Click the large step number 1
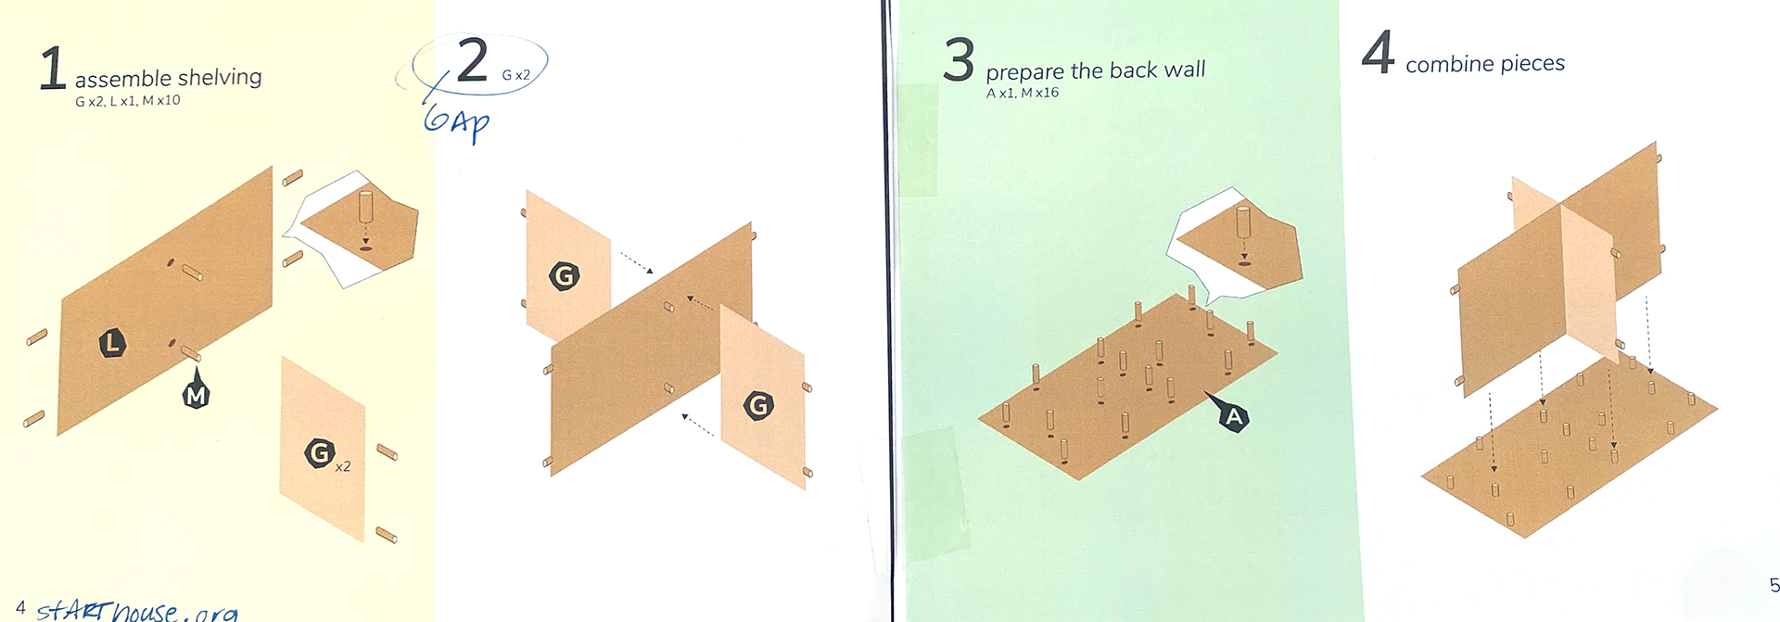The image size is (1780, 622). click(x=52, y=70)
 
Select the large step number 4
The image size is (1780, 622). click(x=1378, y=52)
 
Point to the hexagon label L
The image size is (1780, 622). click(x=112, y=343)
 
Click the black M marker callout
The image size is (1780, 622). click(x=196, y=389)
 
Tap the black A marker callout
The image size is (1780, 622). click(x=1230, y=413)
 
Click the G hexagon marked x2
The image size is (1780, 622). click(x=319, y=452)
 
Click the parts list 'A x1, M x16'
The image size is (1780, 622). click(x=1022, y=93)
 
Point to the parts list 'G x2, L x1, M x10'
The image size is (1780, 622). click(x=128, y=100)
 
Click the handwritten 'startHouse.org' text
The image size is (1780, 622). click(x=137, y=609)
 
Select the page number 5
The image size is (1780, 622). click(x=1774, y=585)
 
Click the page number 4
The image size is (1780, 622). click(x=20, y=607)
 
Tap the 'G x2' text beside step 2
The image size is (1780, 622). click(x=515, y=75)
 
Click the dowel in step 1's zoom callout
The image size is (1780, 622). click(x=365, y=208)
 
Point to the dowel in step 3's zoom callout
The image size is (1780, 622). click(x=1243, y=222)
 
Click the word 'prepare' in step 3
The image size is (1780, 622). click(x=1024, y=72)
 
